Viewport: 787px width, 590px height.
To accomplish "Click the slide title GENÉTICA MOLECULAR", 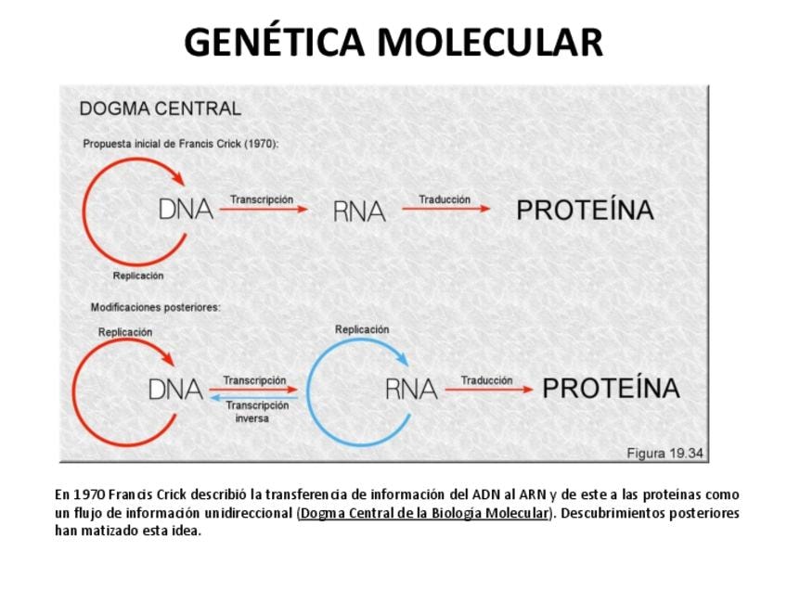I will point(393,43).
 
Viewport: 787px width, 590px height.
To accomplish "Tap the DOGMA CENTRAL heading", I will point(160,109).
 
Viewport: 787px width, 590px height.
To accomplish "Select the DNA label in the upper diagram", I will point(186,210).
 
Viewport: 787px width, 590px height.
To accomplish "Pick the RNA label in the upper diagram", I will point(359,212).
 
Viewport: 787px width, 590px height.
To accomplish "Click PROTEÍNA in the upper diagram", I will point(585,211).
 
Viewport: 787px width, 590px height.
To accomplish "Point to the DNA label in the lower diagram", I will point(175,391).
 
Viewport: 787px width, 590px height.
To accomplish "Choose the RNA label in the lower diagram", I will point(411,391).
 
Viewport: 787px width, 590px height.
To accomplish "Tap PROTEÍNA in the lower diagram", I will point(611,389).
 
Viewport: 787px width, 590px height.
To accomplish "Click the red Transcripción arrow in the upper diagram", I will point(264,210).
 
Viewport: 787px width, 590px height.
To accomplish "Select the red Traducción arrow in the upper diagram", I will point(445,210).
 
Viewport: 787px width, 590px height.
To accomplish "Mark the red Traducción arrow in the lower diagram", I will point(488,391).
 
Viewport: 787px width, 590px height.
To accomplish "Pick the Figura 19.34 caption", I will point(664,454).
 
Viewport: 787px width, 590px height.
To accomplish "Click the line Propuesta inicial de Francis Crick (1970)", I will point(181,144).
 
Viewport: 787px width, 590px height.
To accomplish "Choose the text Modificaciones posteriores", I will point(155,307).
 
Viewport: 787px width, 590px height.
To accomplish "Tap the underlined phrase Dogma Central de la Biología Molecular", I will point(424,513).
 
